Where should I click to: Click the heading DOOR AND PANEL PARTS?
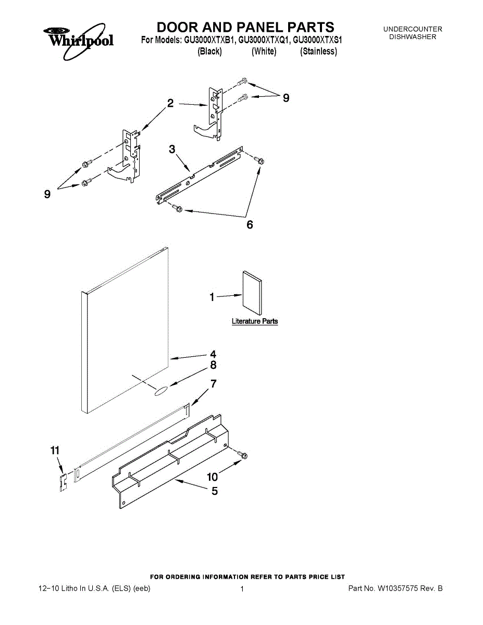coord(245,27)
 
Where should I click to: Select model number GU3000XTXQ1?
coord(264,40)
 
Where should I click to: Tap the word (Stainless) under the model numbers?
coord(318,52)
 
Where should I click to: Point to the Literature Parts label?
coord(255,321)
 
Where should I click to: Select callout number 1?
coord(212,297)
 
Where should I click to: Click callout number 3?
coord(172,149)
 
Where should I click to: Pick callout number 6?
coord(250,224)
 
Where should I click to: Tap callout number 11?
coord(55,451)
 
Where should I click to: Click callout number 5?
coord(215,491)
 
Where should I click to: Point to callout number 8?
coord(213,366)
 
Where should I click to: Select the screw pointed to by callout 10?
coord(242,456)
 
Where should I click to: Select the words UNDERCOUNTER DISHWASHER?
coord(413,33)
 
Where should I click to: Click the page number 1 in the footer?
coord(242,589)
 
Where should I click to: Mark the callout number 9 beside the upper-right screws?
coord(286,97)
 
